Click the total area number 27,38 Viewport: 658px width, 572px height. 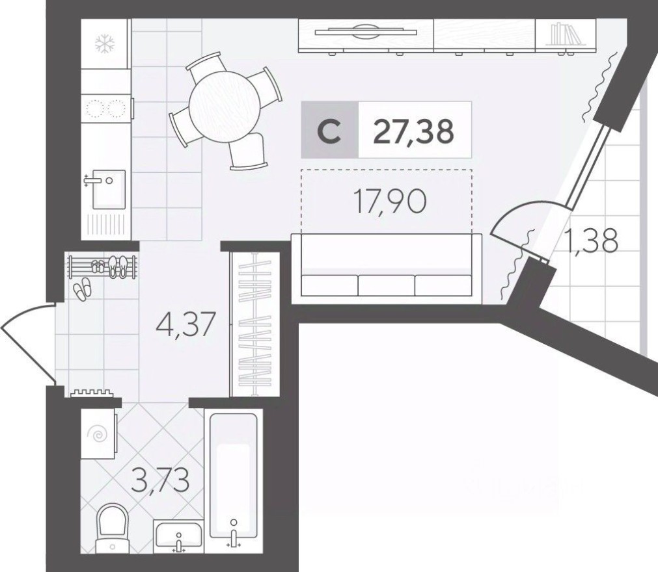413,131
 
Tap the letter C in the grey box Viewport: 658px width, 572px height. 330,132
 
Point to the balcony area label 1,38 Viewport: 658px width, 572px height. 592,242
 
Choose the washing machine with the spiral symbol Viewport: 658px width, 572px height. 98,434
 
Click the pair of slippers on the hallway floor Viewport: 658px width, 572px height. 82,289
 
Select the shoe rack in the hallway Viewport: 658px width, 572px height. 103,266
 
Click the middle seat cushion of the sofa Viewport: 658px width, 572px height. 387,285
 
